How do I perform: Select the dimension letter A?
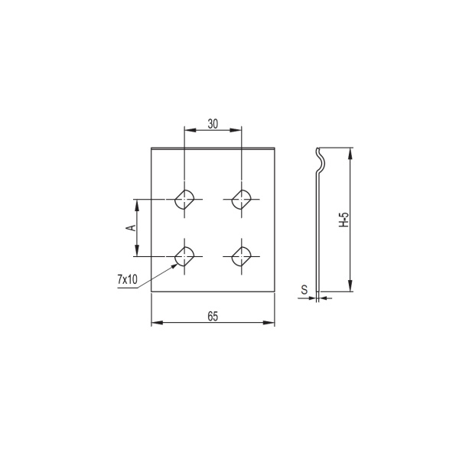131,228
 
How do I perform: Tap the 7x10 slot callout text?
127,280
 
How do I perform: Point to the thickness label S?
304,290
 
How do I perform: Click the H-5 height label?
344,220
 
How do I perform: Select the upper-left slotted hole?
184,200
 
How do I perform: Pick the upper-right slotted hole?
243,200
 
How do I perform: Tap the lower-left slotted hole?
184,256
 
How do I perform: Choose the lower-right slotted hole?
243,256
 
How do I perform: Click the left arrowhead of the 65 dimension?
155,324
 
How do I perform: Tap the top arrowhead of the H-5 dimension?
350,152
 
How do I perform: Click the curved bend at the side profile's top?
322,158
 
